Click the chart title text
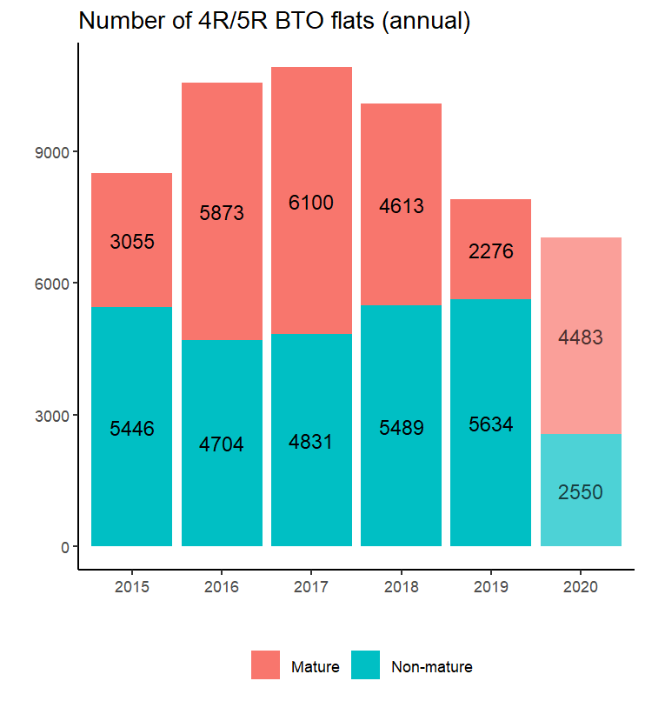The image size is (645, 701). click(275, 22)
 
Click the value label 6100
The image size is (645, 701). click(311, 203)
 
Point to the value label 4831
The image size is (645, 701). click(311, 442)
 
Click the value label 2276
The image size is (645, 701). click(491, 252)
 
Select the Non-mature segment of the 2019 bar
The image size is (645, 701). click(491, 487)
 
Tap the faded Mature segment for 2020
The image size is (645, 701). click(581, 287)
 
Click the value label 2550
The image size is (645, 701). click(581, 492)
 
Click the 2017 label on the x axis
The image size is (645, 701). click(311, 588)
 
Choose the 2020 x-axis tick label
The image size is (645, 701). click(581, 588)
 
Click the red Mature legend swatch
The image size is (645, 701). click(266, 665)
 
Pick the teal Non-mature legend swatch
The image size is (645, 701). click(366, 665)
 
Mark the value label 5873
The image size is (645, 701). click(222, 213)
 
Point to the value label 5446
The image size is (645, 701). click(131, 429)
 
